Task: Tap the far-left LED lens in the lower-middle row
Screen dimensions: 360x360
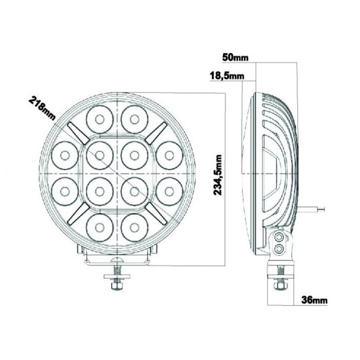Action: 65,190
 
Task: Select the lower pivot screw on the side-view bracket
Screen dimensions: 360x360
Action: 279,249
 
